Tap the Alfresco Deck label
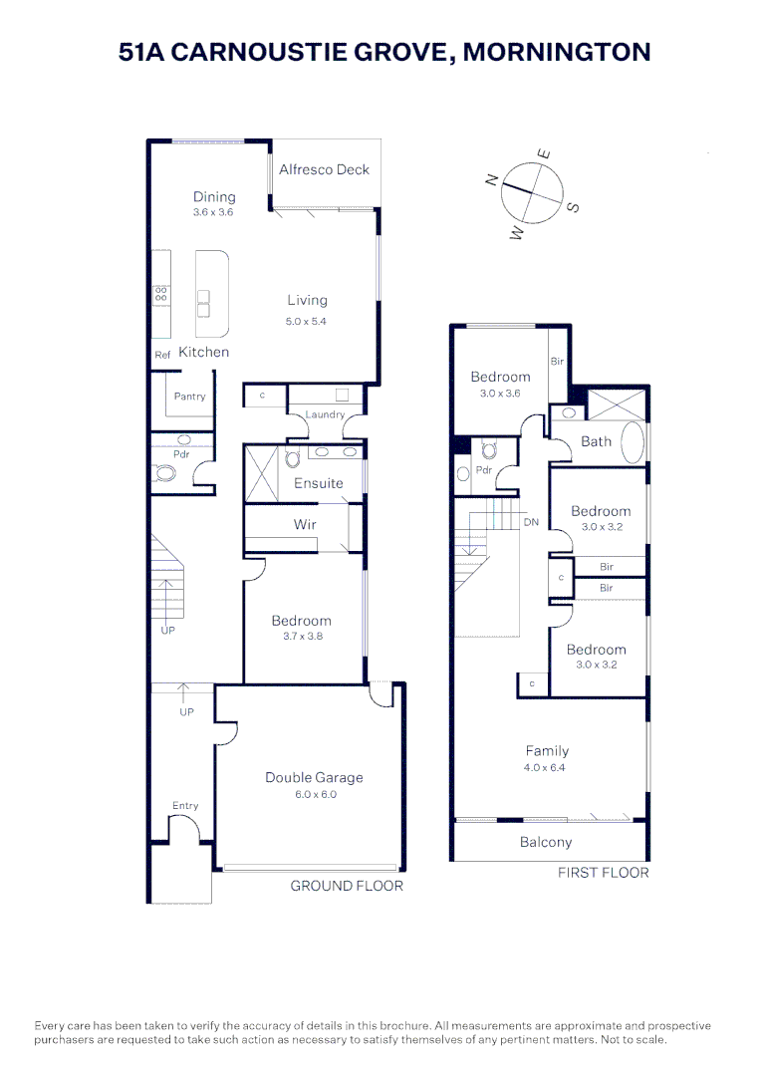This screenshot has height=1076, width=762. [324, 169]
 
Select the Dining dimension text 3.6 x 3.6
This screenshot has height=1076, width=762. [213, 212]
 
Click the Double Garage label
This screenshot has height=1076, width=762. [314, 777]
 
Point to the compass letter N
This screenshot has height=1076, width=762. [491, 179]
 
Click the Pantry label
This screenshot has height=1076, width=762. [189, 397]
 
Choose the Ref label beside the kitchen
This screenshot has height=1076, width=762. [161, 355]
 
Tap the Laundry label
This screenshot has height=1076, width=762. [325, 414]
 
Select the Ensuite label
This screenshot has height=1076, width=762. [318, 483]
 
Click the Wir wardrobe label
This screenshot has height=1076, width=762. [305, 524]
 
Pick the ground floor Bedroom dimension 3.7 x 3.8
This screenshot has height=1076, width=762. [301, 637]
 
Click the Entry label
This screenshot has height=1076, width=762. [185, 806]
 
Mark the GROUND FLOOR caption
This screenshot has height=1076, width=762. [347, 886]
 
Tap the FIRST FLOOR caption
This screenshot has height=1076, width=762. [604, 873]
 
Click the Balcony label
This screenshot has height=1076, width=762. [546, 842]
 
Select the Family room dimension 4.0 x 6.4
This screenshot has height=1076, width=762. [547, 768]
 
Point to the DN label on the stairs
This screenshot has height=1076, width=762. [531, 522]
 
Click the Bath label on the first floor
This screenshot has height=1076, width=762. [596, 441]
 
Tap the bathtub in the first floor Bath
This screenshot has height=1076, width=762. [633, 441]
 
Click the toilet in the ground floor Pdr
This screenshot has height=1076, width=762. [165, 472]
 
